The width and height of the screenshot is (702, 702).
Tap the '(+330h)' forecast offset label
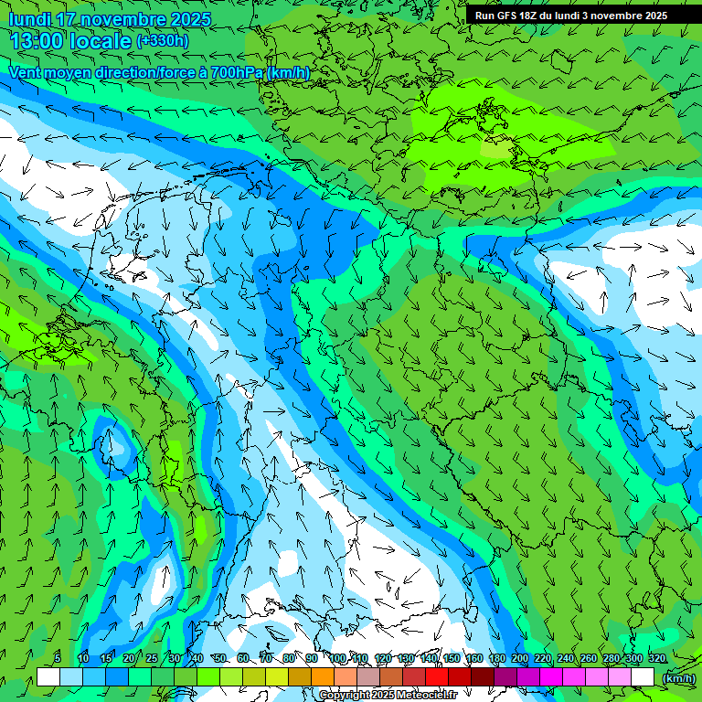163,40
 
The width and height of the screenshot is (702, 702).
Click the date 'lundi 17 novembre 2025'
110,19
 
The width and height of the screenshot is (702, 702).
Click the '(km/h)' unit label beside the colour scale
678,677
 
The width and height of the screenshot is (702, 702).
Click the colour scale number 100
338,659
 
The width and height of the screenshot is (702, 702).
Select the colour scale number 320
657,659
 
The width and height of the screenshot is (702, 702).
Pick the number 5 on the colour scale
58,659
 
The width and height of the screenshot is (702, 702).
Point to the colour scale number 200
520,659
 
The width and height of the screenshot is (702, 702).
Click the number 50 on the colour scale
220,659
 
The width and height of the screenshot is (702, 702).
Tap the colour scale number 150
452,659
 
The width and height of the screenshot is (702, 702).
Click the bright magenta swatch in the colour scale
552,676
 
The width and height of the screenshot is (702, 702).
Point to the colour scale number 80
289,659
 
